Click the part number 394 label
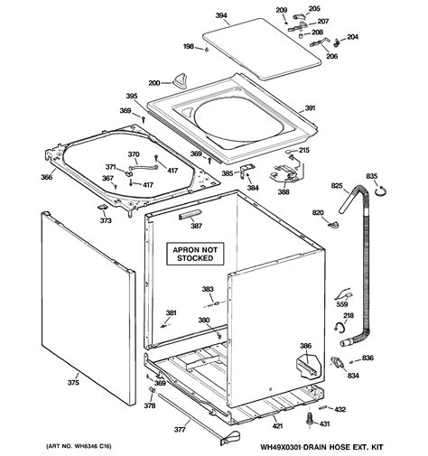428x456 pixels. [x=220, y=15]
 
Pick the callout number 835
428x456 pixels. [x=371, y=175]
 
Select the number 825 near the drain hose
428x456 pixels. [x=337, y=185]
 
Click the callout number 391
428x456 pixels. [x=310, y=108]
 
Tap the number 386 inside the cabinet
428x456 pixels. [x=305, y=347]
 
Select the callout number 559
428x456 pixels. [x=342, y=305]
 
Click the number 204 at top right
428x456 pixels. [x=351, y=37]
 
